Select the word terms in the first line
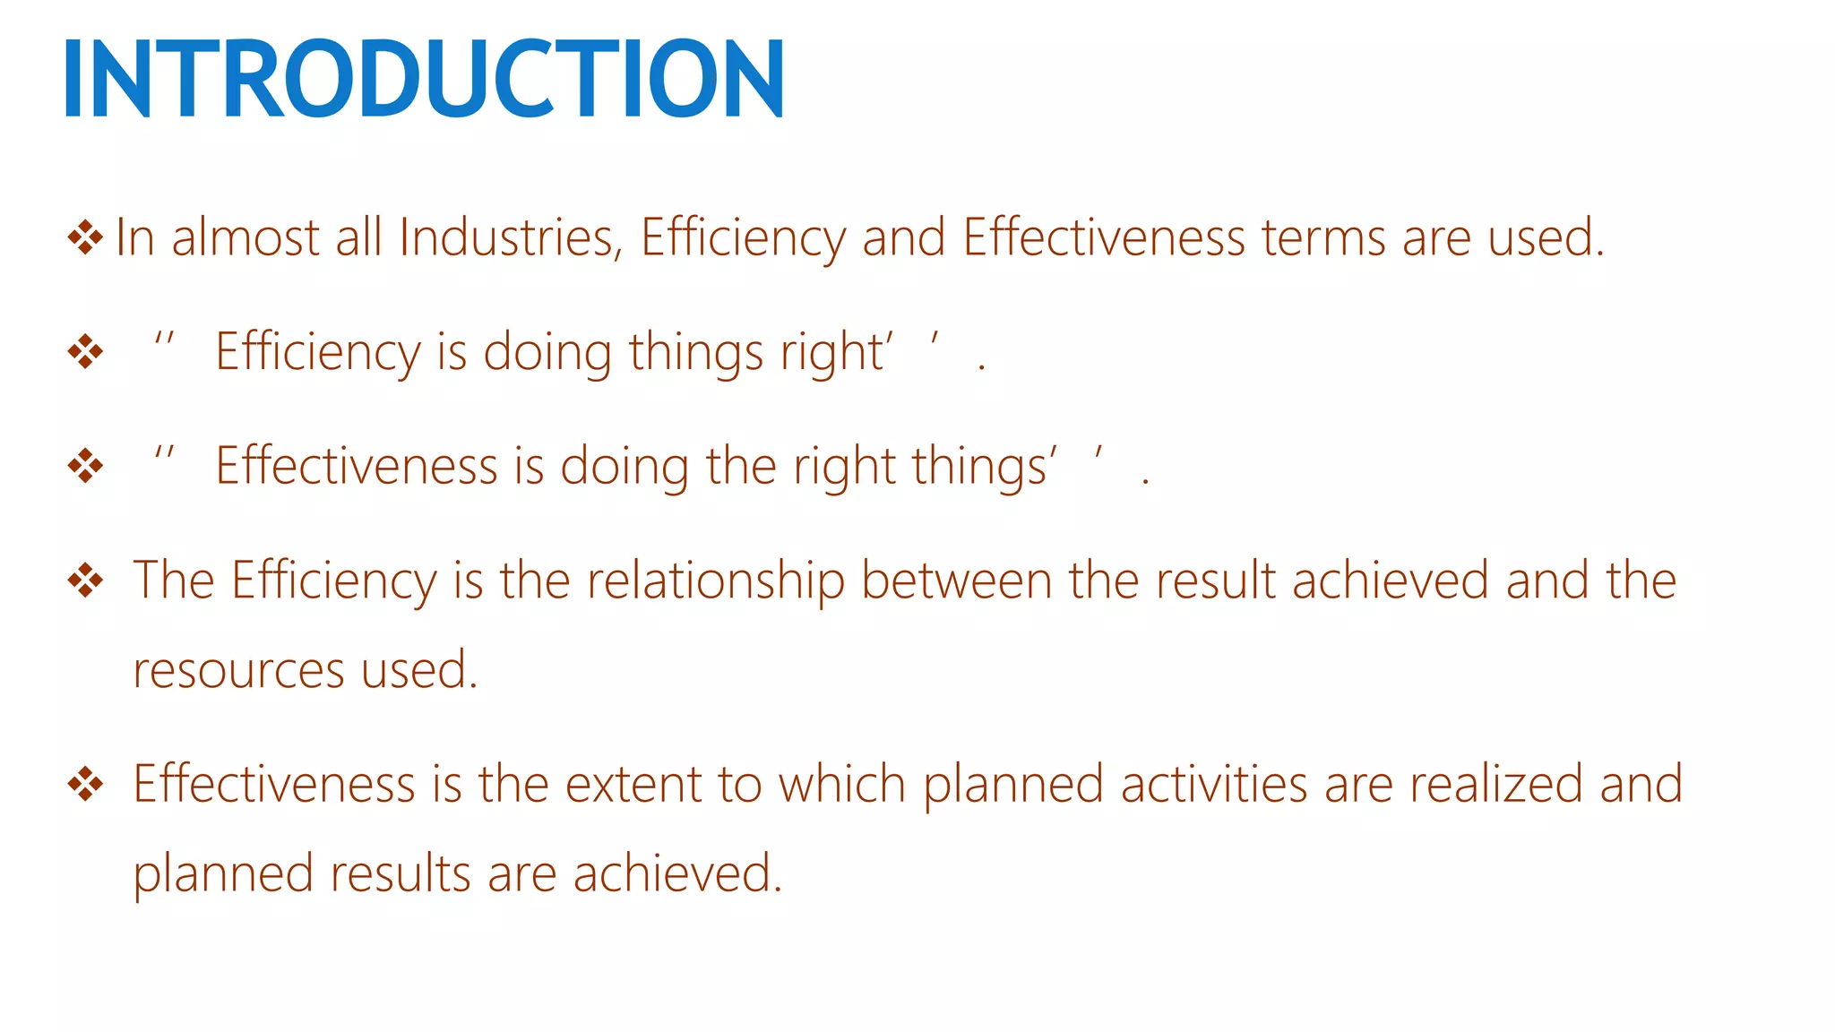tap(1323, 238)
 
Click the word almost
tap(245, 238)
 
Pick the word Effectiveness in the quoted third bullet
tap(357, 467)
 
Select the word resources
tap(238, 671)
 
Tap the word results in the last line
tap(400, 874)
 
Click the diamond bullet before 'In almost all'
tap(85, 237)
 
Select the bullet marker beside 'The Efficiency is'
tap(85, 580)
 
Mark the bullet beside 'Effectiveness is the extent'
tap(85, 784)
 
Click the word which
tap(841, 785)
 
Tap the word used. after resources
tap(419, 671)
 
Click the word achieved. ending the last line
tap(677, 874)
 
